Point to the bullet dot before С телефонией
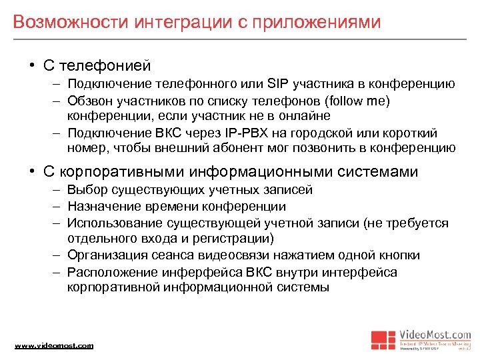tap(32, 66)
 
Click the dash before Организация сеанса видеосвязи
tap(58, 255)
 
